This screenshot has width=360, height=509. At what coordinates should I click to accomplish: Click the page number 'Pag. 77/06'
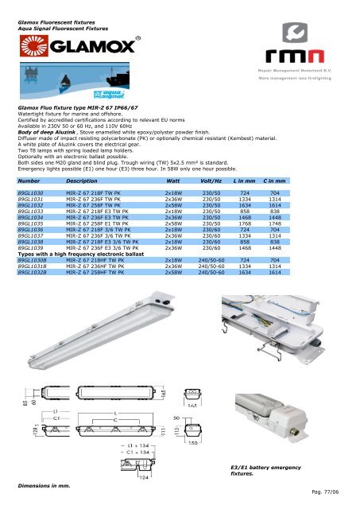334,492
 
